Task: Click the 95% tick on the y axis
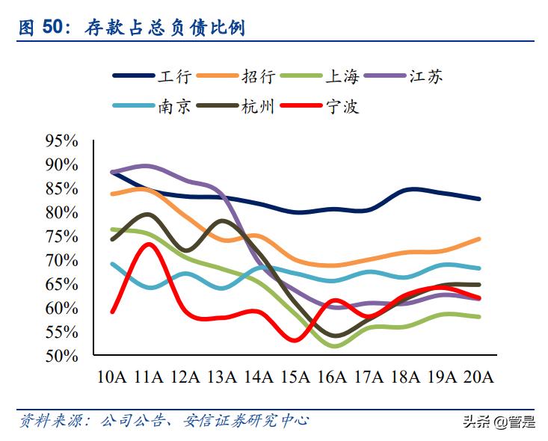61,141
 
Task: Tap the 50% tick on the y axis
61,356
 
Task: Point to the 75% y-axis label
61,236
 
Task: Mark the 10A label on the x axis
112,376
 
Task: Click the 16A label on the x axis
332,376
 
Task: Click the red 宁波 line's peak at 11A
148,244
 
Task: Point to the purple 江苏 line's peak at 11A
147,165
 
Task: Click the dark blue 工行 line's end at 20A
478,199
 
